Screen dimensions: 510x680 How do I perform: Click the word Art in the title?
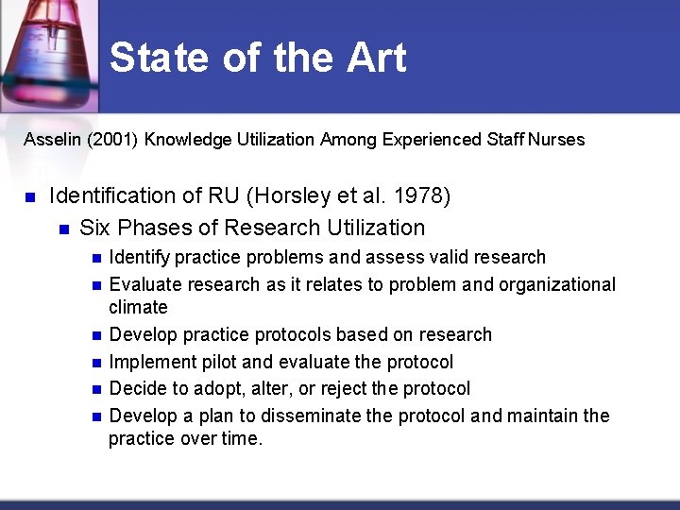tap(377, 58)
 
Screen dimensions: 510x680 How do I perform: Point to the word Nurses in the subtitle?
tap(556, 140)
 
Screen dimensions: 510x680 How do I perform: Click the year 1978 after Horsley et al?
tap(420, 196)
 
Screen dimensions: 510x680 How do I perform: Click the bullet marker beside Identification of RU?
tap(29, 197)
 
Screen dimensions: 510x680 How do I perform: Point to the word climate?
tap(138, 307)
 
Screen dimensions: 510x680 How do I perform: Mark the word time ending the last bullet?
tap(240, 438)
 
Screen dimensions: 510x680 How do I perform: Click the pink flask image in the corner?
tap(47, 52)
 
